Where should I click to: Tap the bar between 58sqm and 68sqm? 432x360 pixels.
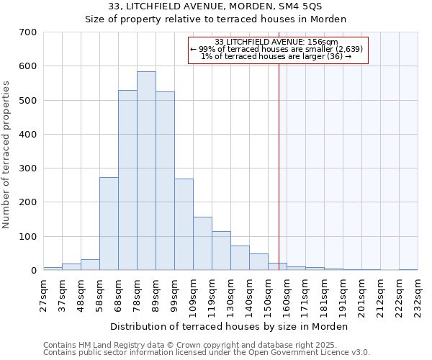point(109,224)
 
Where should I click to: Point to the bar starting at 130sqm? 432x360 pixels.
point(240,258)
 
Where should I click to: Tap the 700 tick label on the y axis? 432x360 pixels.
point(28,32)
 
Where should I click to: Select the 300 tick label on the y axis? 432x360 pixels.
point(28,168)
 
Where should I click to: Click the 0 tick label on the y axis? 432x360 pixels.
point(33,271)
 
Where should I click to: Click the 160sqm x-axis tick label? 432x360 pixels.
point(287,294)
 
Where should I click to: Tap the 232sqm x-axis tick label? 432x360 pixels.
point(418,294)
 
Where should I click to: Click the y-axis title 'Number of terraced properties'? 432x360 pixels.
point(7,155)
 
